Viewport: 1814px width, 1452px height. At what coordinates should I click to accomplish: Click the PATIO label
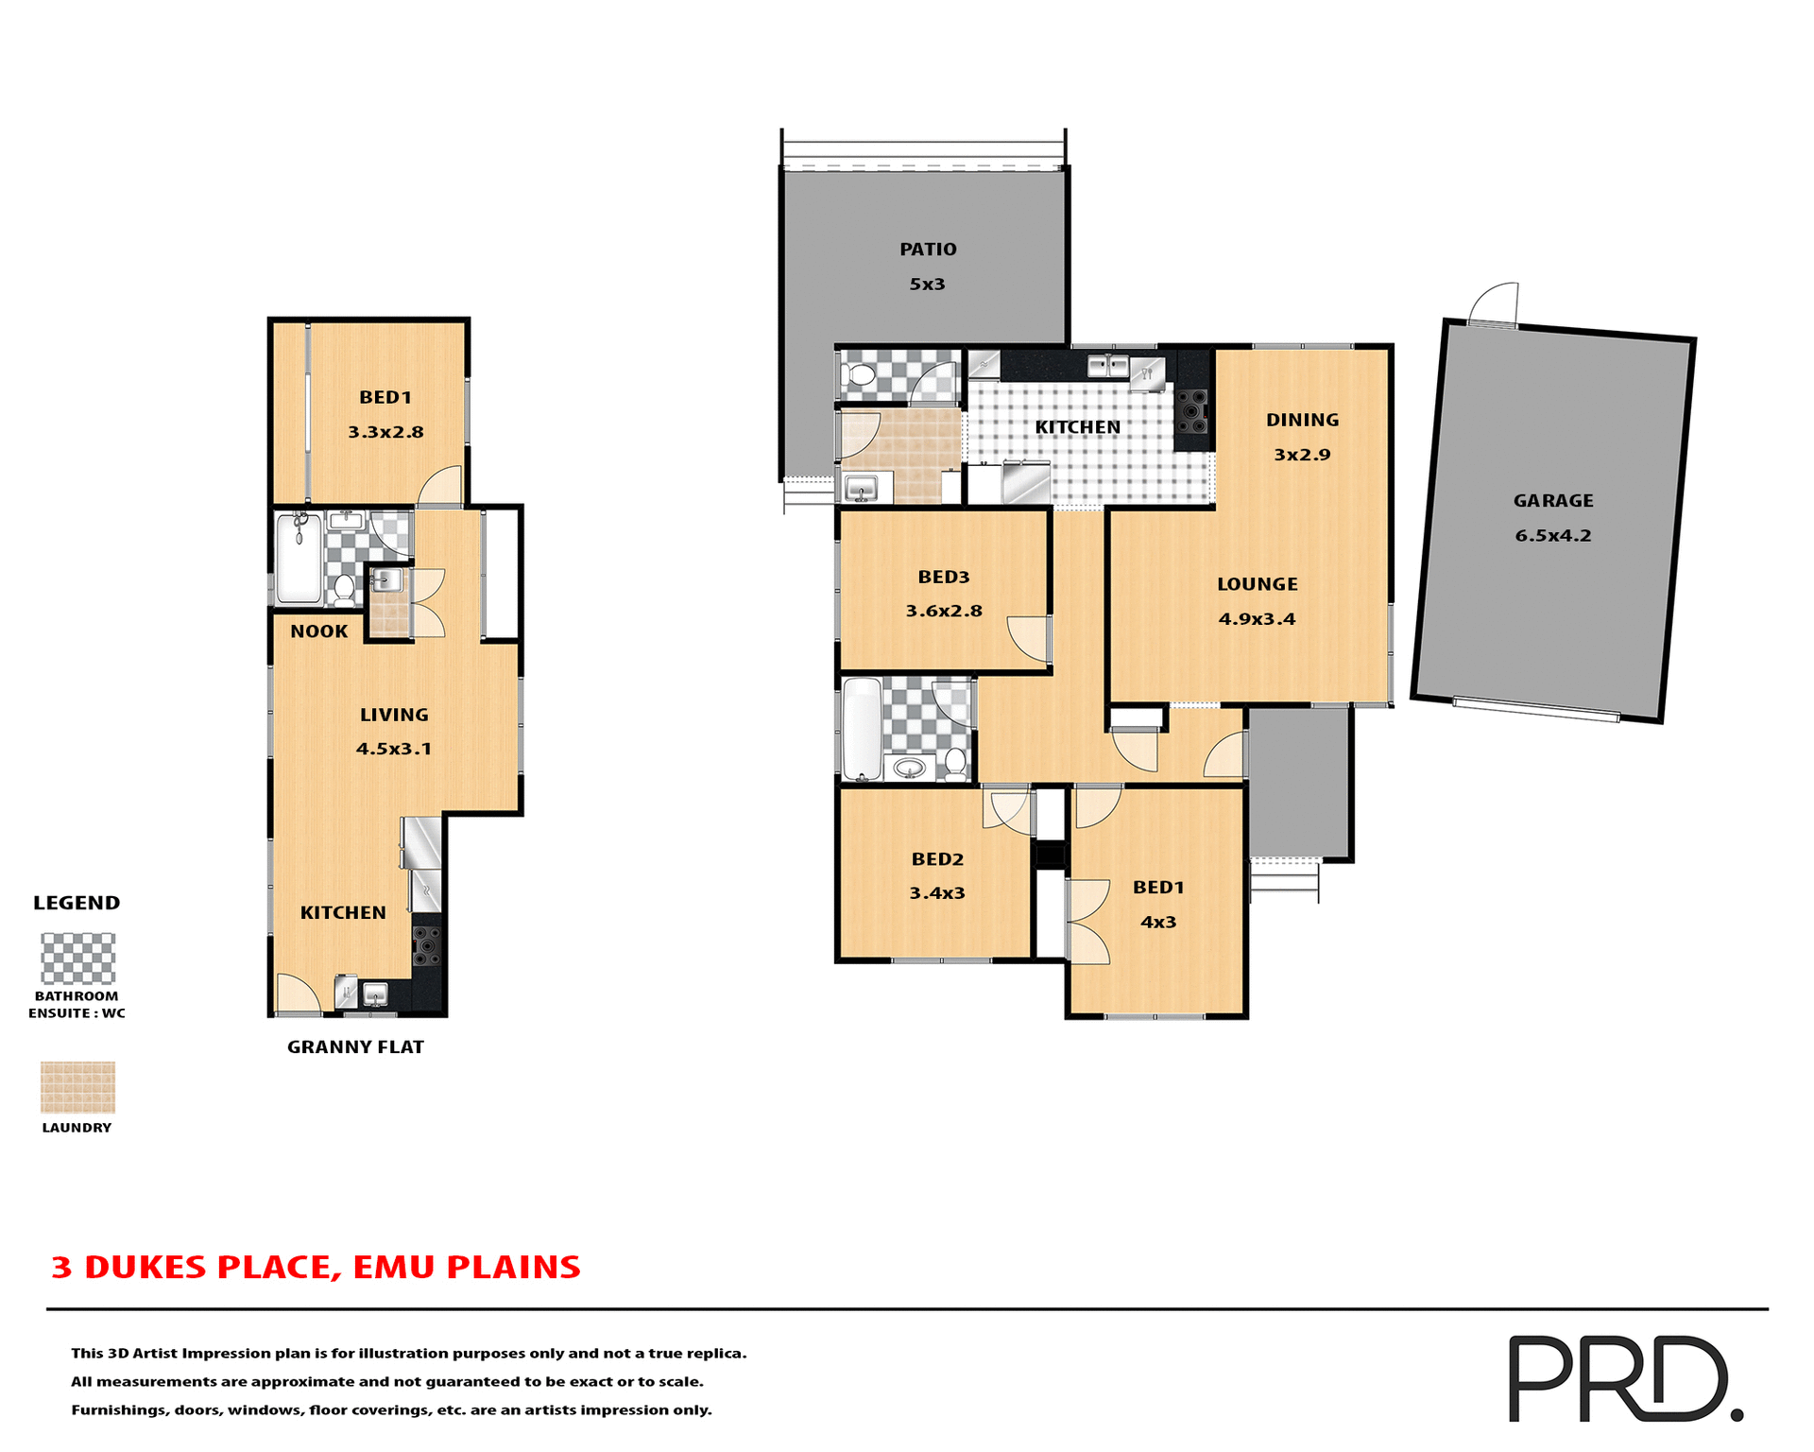(928, 250)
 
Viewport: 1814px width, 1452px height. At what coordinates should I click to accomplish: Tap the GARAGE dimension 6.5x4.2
(1553, 536)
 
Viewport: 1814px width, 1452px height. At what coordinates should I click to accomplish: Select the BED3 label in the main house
(944, 577)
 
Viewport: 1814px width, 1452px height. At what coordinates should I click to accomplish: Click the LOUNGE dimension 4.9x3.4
(1257, 619)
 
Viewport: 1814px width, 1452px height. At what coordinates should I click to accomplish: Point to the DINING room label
(1302, 420)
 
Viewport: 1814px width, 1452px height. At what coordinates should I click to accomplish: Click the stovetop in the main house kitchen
(1193, 412)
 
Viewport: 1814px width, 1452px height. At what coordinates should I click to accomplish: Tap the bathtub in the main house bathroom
(861, 728)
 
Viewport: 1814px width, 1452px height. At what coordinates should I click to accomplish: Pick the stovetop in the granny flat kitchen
(427, 946)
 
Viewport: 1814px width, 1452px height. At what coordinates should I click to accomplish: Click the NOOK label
(318, 631)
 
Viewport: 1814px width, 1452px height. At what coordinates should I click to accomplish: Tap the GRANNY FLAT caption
(355, 1047)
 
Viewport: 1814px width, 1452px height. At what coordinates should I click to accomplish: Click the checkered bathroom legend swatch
(77, 959)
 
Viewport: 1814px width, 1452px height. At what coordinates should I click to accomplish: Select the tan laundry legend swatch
(77, 1087)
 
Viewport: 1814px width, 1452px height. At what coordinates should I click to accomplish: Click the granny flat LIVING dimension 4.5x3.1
(393, 749)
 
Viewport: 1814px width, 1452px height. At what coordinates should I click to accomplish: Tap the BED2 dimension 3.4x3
(936, 893)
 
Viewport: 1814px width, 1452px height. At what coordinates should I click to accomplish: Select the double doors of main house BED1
(1088, 922)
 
